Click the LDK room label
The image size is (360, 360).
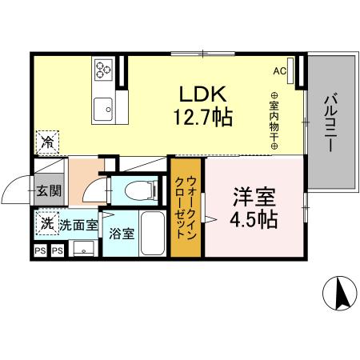point(203,94)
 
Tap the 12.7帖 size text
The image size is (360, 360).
point(203,117)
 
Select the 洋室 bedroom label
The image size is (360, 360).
point(254,198)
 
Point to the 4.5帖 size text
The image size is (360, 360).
point(254,220)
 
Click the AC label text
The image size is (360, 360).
point(280,71)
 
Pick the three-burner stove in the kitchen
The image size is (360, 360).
point(103,70)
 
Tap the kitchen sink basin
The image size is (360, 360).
point(103,109)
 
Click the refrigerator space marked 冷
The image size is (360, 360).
point(47,142)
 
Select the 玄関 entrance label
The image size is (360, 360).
point(49,190)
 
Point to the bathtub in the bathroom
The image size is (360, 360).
point(153,234)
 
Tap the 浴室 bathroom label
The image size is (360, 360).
point(122,234)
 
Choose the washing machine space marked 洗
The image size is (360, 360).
point(47,223)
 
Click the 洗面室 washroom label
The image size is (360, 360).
point(78,226)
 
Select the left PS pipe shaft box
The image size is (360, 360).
point(40,250)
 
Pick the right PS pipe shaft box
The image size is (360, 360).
point(58,250)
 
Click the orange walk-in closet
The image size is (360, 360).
point(186,207)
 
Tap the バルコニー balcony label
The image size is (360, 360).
point(331,122)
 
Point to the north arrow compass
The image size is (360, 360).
point(339,294)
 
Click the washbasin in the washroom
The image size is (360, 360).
point(84,249)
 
